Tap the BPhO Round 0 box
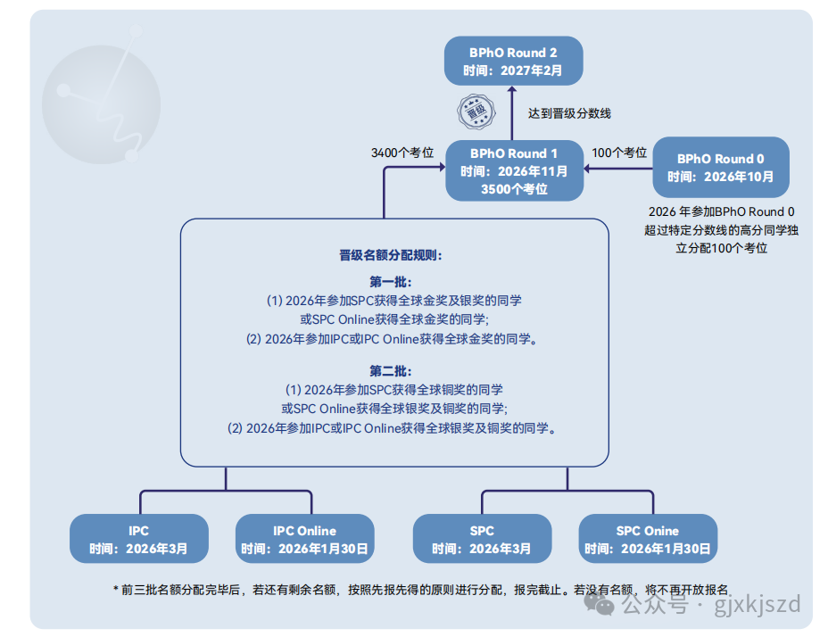pos(721,167)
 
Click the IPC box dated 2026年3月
pos(138,539)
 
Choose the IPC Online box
pos(304,539)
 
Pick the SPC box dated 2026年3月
pos(482,539)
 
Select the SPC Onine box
pos(648,539)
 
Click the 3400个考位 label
pos(402,153)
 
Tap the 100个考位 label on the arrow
pos(619,153)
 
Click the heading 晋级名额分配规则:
pos(390,255)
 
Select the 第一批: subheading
pos(390,281)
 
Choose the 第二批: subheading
pos(390,370)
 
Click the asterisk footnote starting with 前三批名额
pos(419,590)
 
